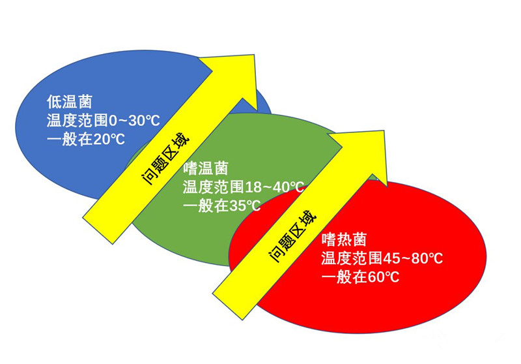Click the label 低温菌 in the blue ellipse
(x=69, y=102)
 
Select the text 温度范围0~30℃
(x=104, y=121)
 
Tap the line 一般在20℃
(x=86, y=139)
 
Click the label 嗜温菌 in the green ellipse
(x=206, y=168)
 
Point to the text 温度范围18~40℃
(x=244, y=187)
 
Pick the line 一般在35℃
(x=222, y=206)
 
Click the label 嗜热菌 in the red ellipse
(x=344, y=239)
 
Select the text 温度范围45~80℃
(x=382, y=258)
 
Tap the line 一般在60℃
(x=360, y=277)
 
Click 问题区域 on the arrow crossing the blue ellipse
(x=166, y=160)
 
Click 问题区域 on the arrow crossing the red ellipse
(x=292, y=237)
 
